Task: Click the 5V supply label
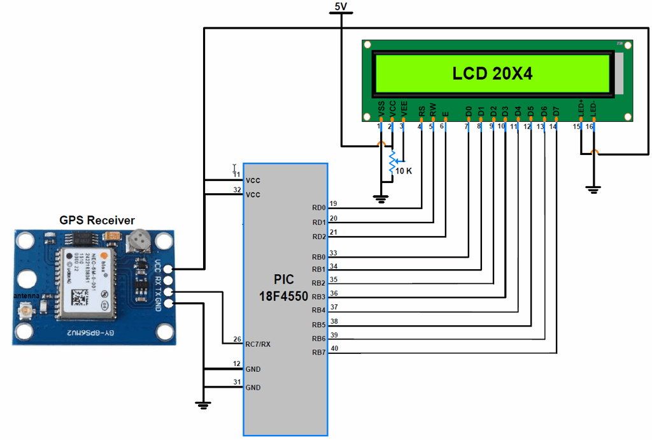[341, 7]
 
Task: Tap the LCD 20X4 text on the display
[492, 74]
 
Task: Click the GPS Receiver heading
[97, 221]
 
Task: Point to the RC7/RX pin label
[258, 344]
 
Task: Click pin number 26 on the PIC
[236, 339]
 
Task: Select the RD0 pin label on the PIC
[318, 208]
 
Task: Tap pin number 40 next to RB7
[334, 348]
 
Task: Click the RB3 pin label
[318, 297]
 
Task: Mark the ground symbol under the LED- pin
[593, 189]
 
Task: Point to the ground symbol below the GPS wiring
[203, 404]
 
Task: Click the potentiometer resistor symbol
[392, 163]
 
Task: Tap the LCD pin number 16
[590, 127]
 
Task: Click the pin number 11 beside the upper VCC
[236, 175]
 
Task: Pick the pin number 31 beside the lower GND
[236, 382]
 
